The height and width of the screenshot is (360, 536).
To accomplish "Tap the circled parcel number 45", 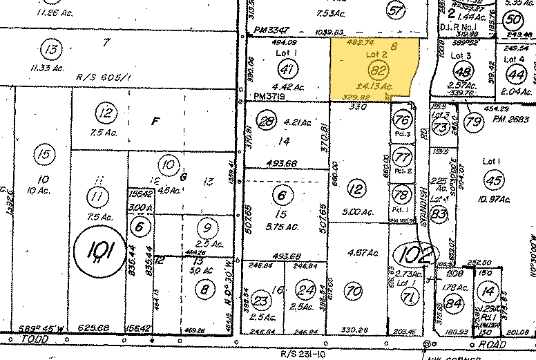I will [x=493, y=180].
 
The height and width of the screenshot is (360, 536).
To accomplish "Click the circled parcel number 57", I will [x=396, y=10].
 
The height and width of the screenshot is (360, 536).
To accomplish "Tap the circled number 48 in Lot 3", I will [x=463, y=71].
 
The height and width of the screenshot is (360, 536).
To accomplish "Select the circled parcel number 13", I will [x=50, y=49].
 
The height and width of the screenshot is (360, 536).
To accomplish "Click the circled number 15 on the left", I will [x=44, y=154].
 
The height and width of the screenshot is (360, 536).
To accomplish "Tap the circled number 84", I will [x=454, y=302].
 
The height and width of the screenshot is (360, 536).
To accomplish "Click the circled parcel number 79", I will [x=473, y=122].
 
